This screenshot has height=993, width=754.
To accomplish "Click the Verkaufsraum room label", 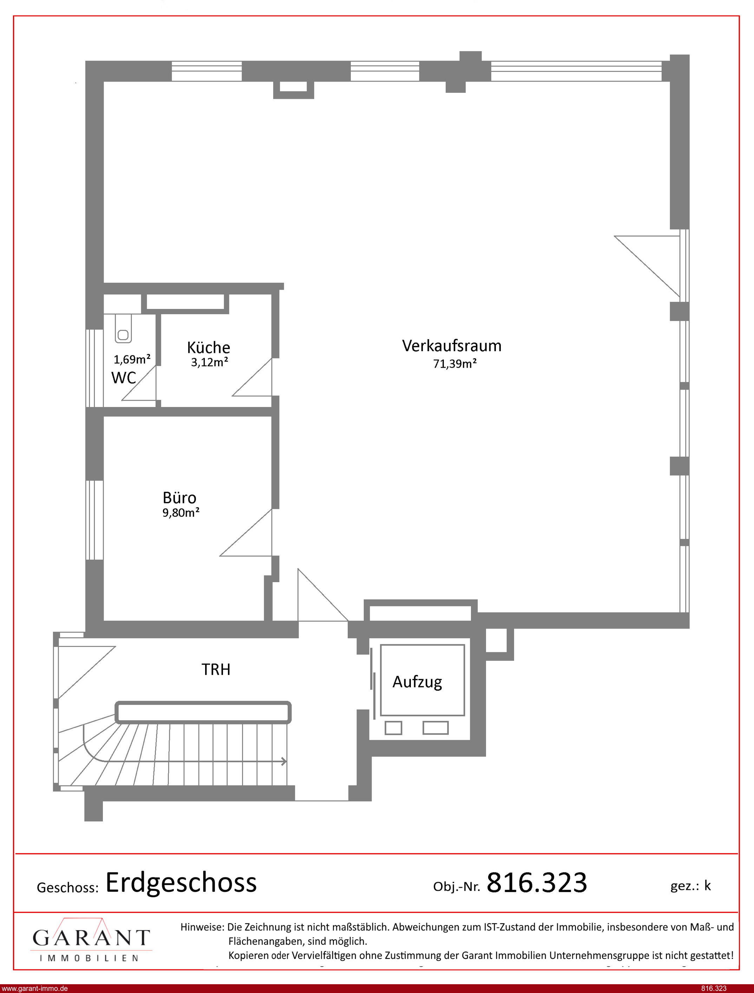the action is [452, 346].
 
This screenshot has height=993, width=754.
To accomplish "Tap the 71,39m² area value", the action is [455, 363].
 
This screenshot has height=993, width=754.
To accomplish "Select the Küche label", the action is [208, 347].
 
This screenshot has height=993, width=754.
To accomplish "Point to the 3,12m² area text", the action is [210, 362].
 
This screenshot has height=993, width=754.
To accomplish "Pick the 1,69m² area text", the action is [132, 359].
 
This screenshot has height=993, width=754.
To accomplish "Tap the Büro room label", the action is [179, 498].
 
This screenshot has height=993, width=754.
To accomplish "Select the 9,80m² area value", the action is [181, 512].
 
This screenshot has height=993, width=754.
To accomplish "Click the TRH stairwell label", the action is [216, 669].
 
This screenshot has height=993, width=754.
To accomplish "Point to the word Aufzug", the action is [418, 682].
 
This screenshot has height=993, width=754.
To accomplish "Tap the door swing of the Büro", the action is [245, 533].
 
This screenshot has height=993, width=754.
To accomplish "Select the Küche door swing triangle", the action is [252, 377].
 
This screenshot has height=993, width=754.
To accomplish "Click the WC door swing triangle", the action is [139, 383].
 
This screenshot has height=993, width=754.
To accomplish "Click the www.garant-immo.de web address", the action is [34, 988].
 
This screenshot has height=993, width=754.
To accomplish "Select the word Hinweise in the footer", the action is [202, 927].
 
